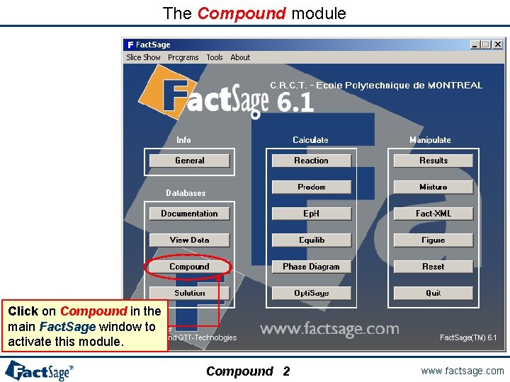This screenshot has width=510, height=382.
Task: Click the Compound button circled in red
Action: (189, 267)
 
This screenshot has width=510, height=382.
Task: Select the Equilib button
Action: (312, 241)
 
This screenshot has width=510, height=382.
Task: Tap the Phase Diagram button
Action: (312, 267)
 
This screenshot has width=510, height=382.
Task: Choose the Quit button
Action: (433, 293)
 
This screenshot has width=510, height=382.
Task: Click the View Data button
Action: (189, 241)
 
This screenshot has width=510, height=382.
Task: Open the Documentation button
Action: (189, 214)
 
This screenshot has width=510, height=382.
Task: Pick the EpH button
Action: (312, 214)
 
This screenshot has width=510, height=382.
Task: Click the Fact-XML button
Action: (433, 214)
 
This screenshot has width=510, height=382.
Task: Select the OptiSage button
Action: (312, 293)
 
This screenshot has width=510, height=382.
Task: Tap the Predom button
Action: (312, 187)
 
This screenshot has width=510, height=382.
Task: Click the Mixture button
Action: (433, 187)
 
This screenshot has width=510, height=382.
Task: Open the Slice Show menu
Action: (143, 58)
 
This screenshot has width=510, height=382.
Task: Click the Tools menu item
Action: (215, 58)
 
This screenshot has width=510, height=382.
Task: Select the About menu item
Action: (240, 58)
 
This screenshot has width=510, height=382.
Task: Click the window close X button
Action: (497, 45)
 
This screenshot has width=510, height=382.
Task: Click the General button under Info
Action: (189, 161)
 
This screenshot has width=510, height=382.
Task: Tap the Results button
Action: (433, 161)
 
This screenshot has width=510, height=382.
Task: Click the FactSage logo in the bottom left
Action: (39, 370)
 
